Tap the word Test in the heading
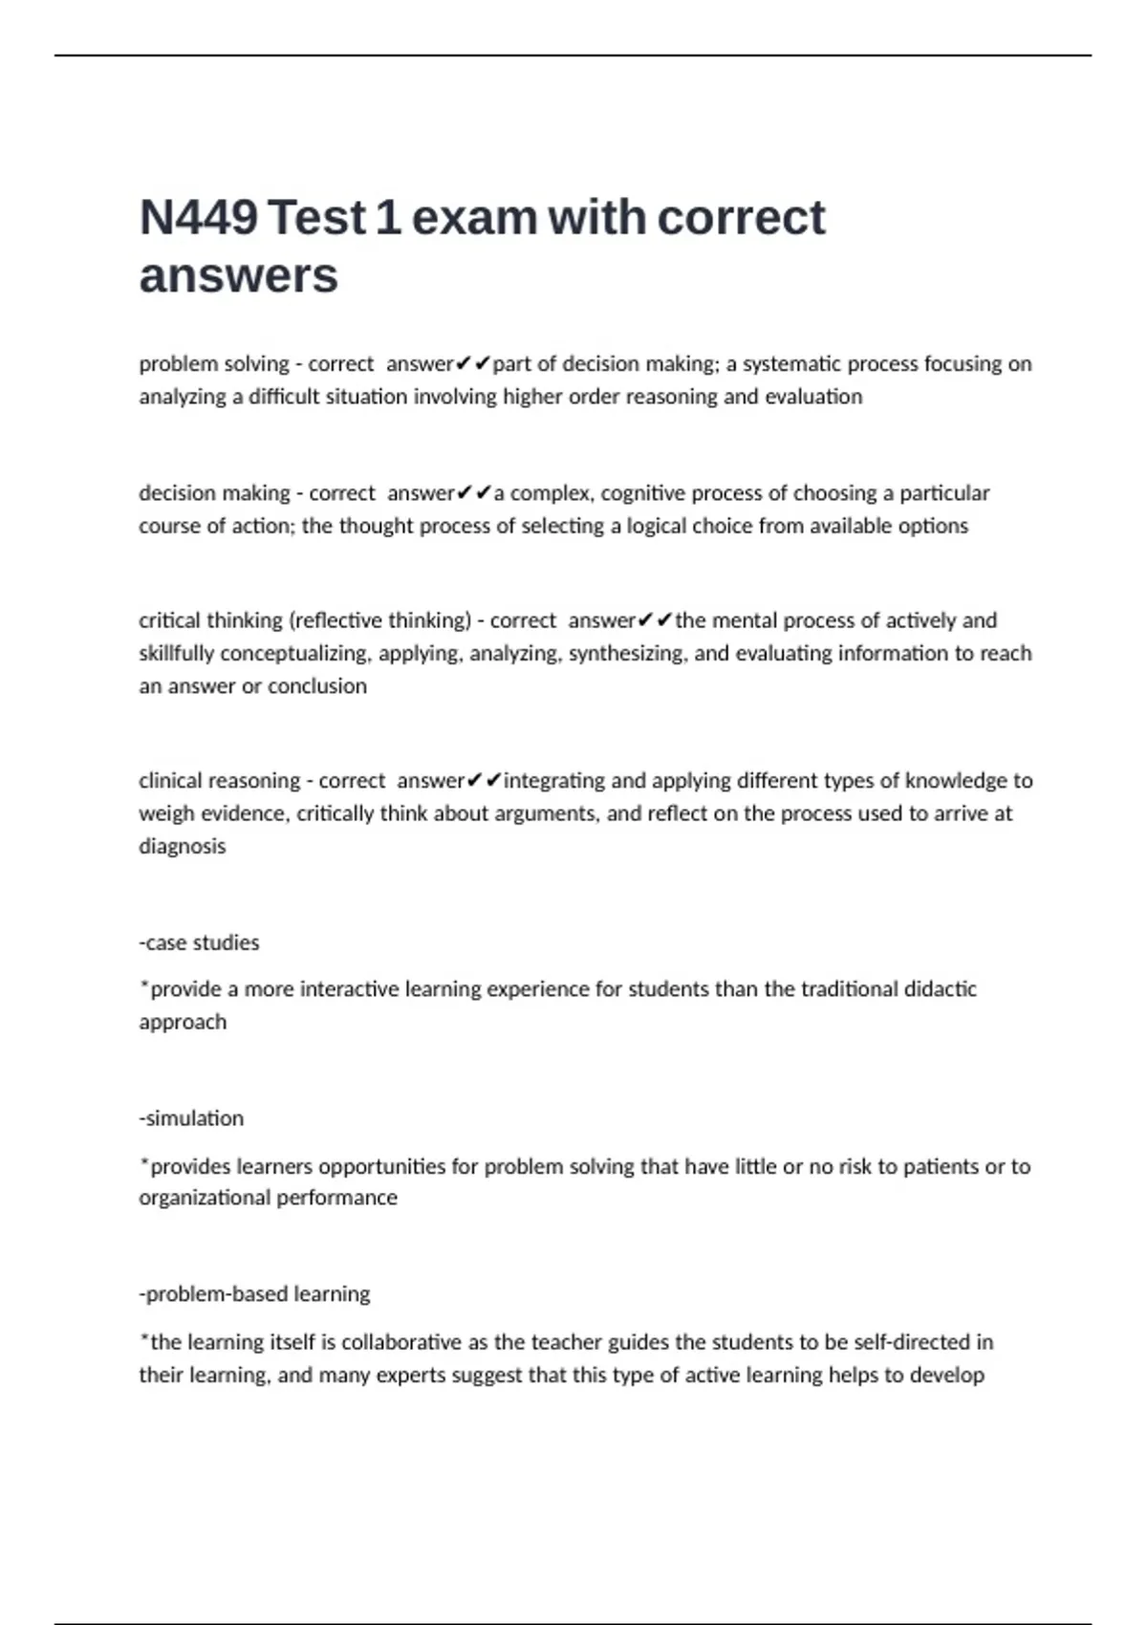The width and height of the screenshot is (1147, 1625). pyautogui.click(x=317, y=218)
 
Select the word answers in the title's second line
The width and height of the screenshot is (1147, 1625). pyautogui.click(x=239, y=276)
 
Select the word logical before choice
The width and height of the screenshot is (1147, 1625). pyautogui.click(x=659, y=526)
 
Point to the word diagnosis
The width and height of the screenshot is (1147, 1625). pyautogui.click(x=183, y=847)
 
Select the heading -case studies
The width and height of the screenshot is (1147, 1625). pyautogui.click(x=199, y=942)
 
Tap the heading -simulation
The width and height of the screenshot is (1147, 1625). pyautogui.click(x=191, y=1118)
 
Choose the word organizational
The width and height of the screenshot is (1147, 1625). pyautogui.click(x=205, y=1198)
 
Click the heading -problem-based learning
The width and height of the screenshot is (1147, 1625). pyautogui.click(x=254, y=1294)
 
